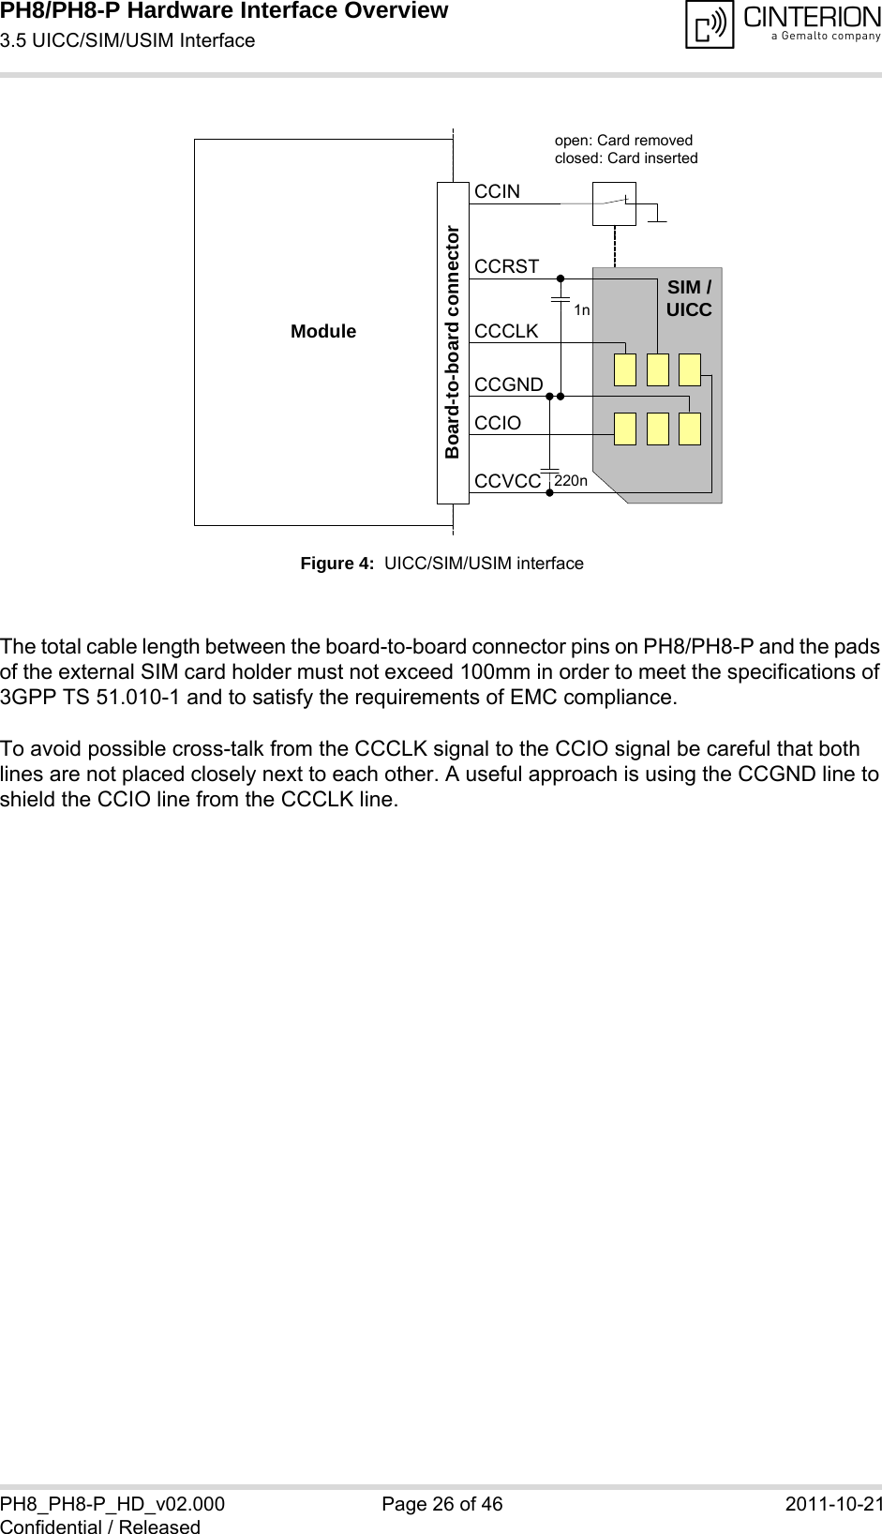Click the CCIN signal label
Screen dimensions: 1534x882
(x=497, y=191)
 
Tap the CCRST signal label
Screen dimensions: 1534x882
(x=506, y=266)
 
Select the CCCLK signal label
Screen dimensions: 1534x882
(x=506, y=331)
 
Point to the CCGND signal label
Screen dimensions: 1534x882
(x=508, y=384)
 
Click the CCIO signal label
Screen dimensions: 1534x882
(x=497, y=423)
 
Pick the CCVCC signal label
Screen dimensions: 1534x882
(x=507, y=481)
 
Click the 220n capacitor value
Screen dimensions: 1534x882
(x=571, y=481)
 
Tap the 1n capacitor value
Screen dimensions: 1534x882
(x=582, y=310)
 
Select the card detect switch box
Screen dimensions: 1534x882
(x=614, y=203)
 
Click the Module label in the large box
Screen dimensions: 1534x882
(x=322, y=331)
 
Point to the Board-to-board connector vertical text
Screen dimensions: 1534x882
(x=453, y=342)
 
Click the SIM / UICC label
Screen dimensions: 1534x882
(x=689, y=298)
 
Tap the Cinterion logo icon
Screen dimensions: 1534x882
(x=710, y=24)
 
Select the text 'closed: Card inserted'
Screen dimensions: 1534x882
(x=626, y=158)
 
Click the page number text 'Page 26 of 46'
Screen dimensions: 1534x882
(x=442, y=1504)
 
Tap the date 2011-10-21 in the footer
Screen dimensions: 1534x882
(x=833, y=1504)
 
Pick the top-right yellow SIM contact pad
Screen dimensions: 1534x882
(x=690, y=370)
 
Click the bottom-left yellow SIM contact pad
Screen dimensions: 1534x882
(x=625, y=429)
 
